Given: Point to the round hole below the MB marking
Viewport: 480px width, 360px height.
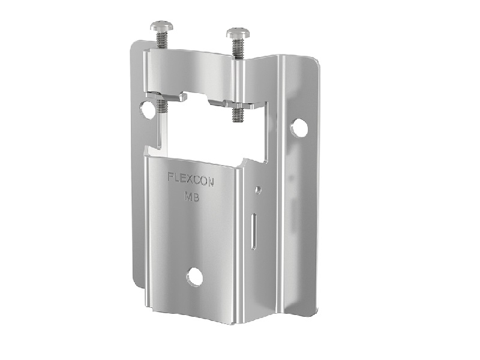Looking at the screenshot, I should pyautogui.click(x=194, y=276).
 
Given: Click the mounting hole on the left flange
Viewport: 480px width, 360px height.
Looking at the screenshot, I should pyautogui.click(x=146, y=109).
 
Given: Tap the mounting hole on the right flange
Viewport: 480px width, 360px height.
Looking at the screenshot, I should pyautogui.click(x=299, y=127).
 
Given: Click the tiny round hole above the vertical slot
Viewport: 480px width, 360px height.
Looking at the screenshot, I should pyautogui.click(x=258, y=190).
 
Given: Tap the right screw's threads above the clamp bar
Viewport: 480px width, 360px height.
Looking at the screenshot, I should pyautogui.click(x=238, y=47).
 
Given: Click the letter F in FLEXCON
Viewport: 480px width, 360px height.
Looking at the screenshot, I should pyautogui.click(x=170, y=177).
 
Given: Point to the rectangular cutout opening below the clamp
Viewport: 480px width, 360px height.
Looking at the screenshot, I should pyautogui.click(x=210, y=132).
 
